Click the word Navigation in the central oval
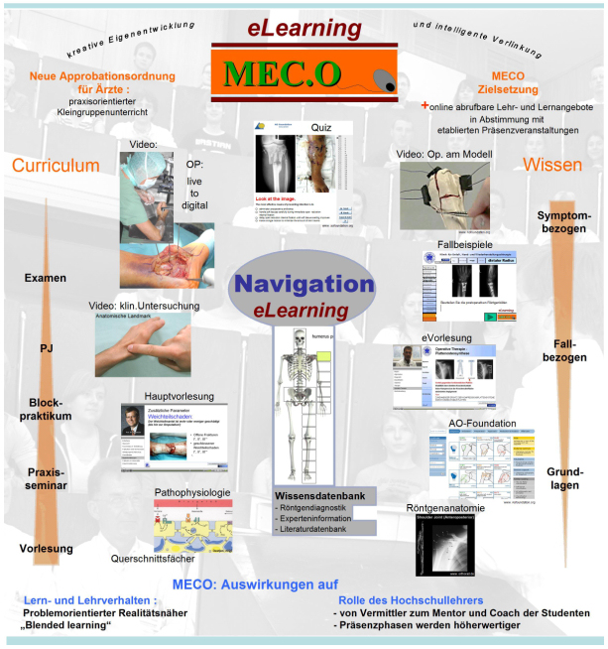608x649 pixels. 304,284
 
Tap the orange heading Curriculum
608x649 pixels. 56,165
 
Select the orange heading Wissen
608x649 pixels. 552,165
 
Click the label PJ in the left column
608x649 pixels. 46,348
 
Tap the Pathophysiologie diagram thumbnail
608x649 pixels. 192,523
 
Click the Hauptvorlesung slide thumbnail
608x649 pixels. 174,437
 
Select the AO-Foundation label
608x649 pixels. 482,424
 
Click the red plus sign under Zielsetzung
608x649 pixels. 426,103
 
